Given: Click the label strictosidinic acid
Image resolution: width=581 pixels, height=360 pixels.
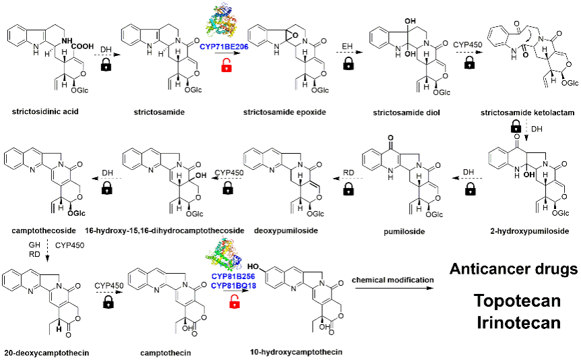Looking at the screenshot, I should pos(41,111).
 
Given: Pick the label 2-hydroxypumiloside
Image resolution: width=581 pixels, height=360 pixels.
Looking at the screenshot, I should pos(528,231).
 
